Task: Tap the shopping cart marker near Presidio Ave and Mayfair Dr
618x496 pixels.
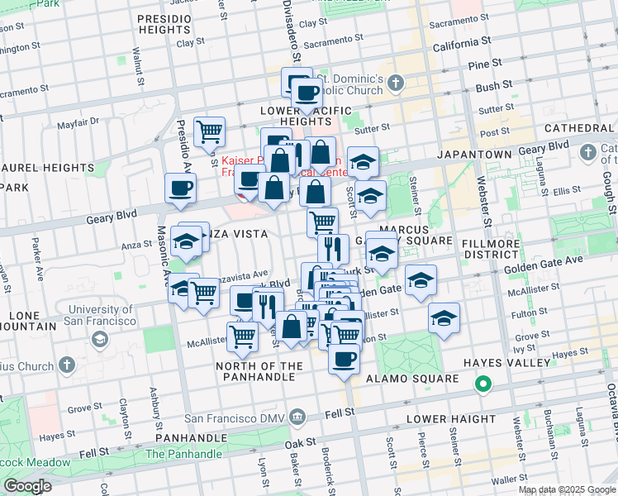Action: pos(209,131)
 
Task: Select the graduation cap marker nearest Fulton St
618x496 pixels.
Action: pos(444,318)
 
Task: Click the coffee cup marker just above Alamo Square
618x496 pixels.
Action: pos(345,360)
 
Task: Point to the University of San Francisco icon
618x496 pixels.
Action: pos(100,340)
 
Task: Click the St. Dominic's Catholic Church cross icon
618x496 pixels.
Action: pos(396,82)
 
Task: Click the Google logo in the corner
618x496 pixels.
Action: pos(27,486)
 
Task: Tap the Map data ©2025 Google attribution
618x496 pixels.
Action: pos(566,489)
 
